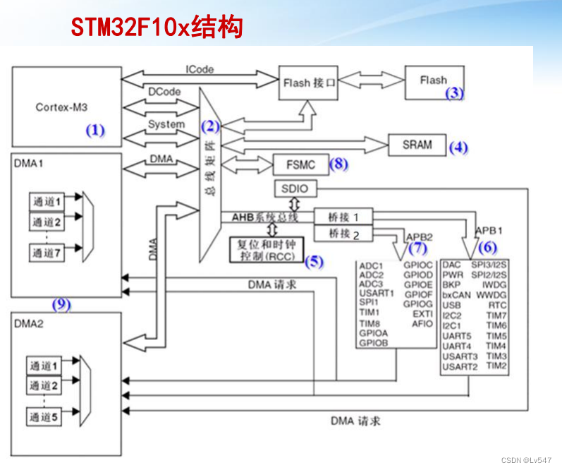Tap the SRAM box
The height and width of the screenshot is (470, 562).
(x=417, y=145)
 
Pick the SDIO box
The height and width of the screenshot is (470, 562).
(x=295, y=189)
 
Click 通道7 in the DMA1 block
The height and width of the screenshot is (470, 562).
(x=46, y=252)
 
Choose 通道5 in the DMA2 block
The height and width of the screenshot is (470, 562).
(x=44, y=416)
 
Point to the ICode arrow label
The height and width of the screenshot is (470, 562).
(x=200, y=69)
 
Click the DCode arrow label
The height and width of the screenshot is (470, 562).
(x=164, y=92)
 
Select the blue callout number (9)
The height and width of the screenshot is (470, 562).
(x=62, y=305)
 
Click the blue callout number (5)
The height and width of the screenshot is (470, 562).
(x=313, y=262)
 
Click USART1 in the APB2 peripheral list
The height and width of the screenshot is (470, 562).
(x=377, y=293)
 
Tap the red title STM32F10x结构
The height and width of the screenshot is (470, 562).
(x=157, y=28)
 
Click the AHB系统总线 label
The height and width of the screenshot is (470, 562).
(x=264, y=217)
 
